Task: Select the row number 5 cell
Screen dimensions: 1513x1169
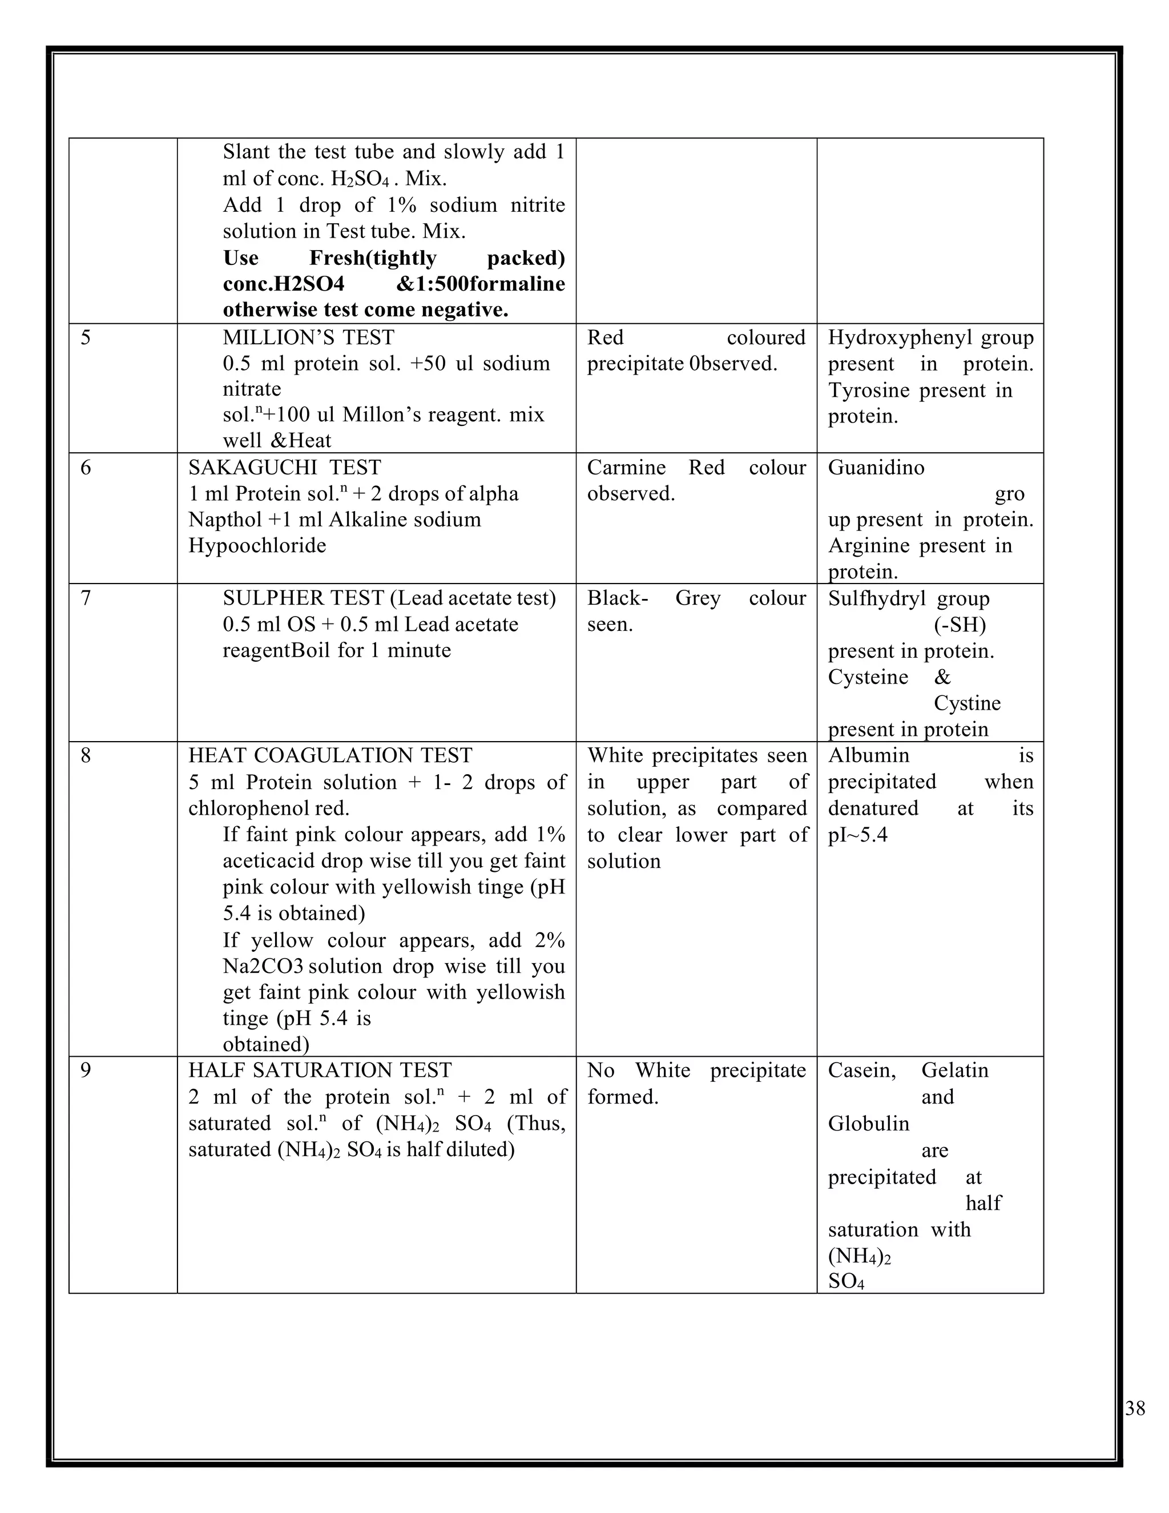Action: click(x=85, y=338)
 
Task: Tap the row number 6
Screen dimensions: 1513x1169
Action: click(x=85, y=468)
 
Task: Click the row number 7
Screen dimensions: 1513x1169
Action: click(x=85, y=598)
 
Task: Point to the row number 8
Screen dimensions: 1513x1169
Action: click(x=85, y=755)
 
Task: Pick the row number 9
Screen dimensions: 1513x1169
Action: click(x=85, y=1071)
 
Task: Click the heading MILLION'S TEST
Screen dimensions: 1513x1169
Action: click(x=308, y=338)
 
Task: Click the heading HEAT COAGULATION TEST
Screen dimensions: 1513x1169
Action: click(x=330, y=755)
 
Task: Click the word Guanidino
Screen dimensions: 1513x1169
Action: click(x=876, y=468)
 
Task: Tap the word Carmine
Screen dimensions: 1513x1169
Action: click(x=626, y=468)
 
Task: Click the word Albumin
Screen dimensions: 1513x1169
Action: click(x=868, y=755)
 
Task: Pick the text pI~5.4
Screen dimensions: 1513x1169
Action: click(x=857, y=835)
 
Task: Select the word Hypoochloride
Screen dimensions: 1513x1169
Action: click(x=257, y=546)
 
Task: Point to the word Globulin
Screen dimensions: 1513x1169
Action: click(x=868, y=1124)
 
